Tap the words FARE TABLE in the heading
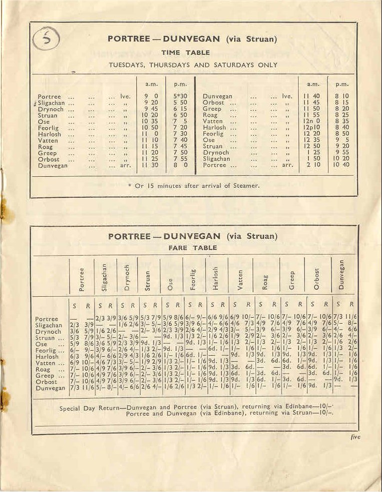pyautogui.click(x=181, y=247)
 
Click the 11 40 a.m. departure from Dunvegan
pyautogui.click(x=313, y=96)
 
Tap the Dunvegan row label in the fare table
pyautogui.click(x=51, y=388)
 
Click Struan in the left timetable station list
pyautogui.click(x=47, y=115)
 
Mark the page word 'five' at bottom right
pyautogui.click(x=354, y=437)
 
